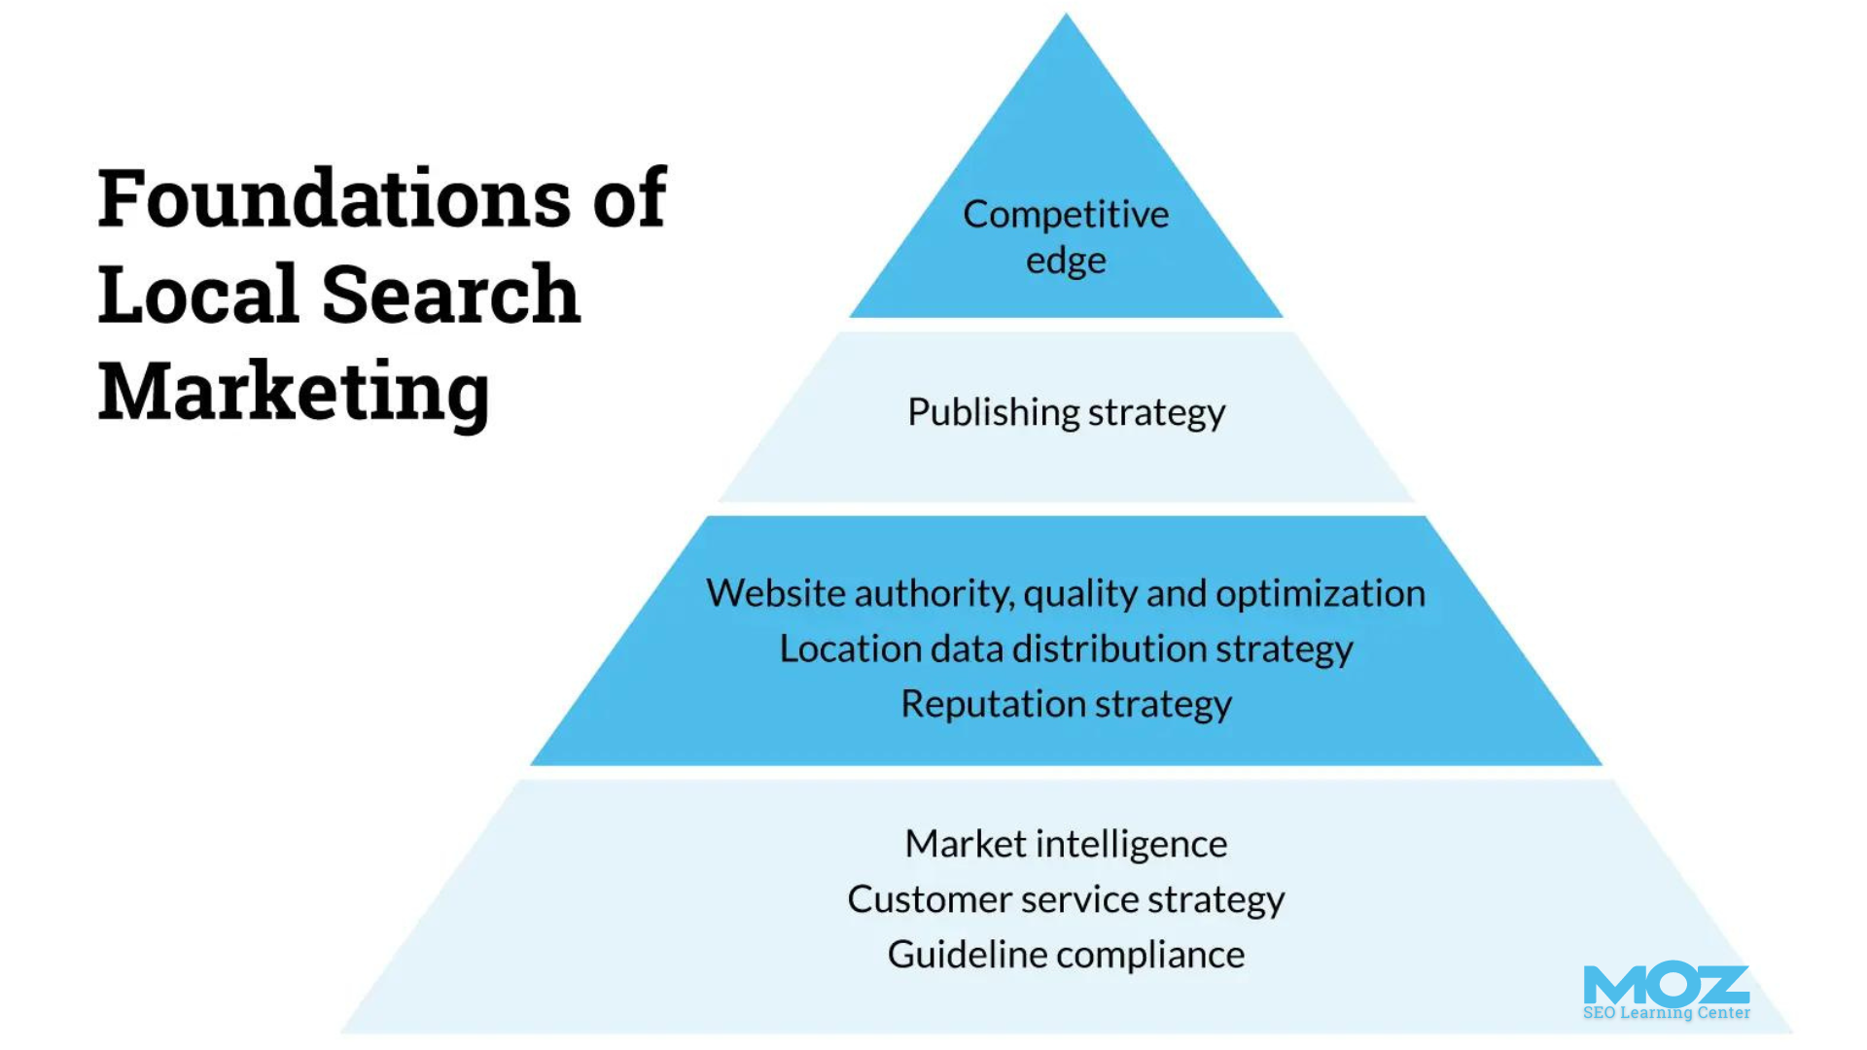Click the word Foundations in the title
(x=335, y=199)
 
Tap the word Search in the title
(x=450, y=295)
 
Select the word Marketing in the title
(x=294, y=392)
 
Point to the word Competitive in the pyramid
(x=1066, y=215)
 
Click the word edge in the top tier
(x=1066, y=262)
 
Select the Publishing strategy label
(x=1066, y=413)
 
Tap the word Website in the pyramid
(x=775, y=593)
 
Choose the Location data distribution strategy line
(x=1066, y=649)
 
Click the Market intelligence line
(x=1066, y=844)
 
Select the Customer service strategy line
(x=1066, y=900)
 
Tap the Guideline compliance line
(x=1066, y=955)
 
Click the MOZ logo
(x=1666, y=985)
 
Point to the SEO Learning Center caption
(x=1666, y=1013)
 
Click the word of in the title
(x=629, y=199)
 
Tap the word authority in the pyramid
(x=933, y=593)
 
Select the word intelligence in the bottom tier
(x=1131, y=844)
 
